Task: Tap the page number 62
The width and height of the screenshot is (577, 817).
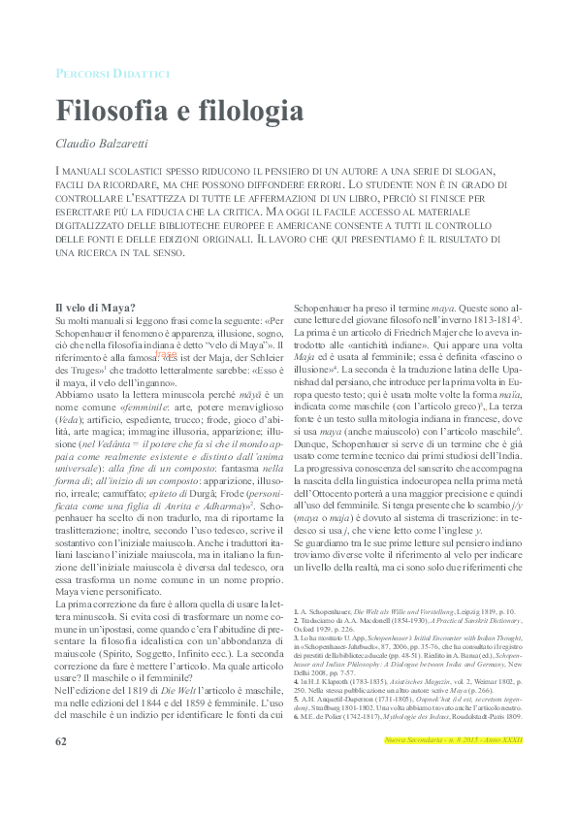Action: click(61, 768)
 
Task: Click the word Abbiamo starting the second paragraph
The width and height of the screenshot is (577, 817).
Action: click(77, 398)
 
